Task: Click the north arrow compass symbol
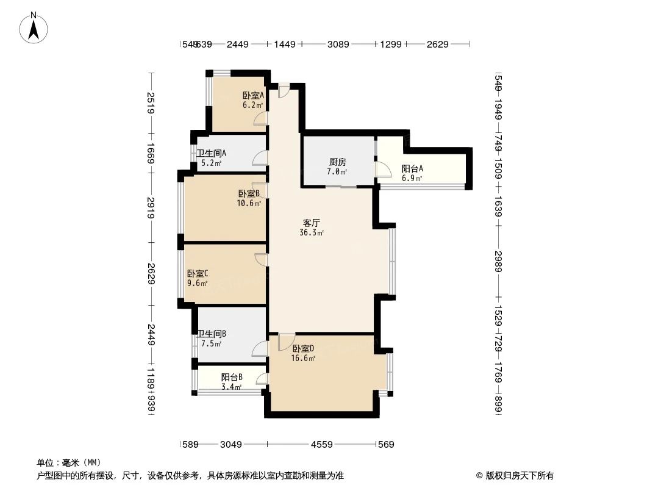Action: point(35,27)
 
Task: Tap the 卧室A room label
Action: point(252,95)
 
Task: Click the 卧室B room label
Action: point(249,193)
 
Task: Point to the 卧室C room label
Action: point(198,273)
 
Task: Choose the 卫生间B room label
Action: point(212,334)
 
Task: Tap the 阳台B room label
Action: point(232,377)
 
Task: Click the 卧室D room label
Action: point(303,348)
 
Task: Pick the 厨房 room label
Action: point(337,162)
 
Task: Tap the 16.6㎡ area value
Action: point(303,358)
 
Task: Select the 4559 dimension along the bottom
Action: point(321,445)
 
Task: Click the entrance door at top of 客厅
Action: point(284,90)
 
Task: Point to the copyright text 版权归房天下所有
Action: point(515,475)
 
